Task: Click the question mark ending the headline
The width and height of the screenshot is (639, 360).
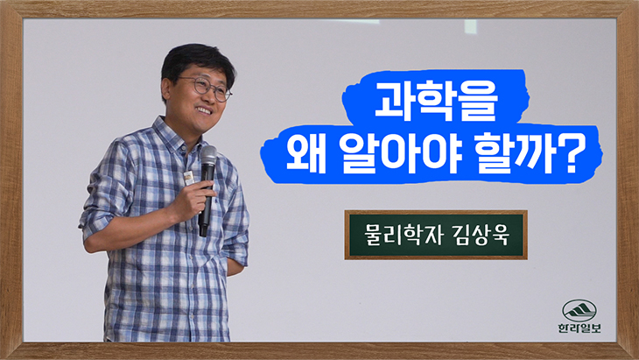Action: (568, 154)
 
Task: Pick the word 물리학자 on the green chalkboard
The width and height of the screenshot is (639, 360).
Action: (400, 235)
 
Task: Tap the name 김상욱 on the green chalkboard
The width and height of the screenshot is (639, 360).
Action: (481, 235)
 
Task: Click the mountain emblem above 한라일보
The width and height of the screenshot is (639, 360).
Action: (579, 311)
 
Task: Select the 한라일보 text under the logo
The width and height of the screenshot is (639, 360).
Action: (579, 328)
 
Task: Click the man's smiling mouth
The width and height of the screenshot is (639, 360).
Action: (205, 110)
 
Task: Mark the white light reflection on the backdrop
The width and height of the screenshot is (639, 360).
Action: (471, 26)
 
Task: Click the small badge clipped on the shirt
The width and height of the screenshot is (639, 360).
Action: (188, 178)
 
